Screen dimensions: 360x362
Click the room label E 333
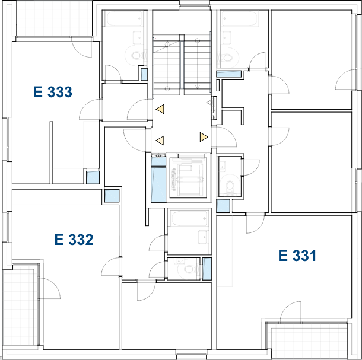tap(53, 92)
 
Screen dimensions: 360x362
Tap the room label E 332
tap(74, 240)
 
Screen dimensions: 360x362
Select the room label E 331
tap(297, 256)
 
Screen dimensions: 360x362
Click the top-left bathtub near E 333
tap(124, 18)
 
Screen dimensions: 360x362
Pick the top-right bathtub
tap(240, 18)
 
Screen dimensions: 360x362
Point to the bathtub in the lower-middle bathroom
tap(190, 219)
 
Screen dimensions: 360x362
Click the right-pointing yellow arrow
tap(204, 137)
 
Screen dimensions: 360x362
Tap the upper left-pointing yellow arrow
tap(160, 109)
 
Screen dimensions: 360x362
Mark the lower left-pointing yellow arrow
tap(160, 141)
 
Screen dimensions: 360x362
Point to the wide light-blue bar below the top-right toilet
tap(228, 74)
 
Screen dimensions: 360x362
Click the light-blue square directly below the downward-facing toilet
tap(223, 206)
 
